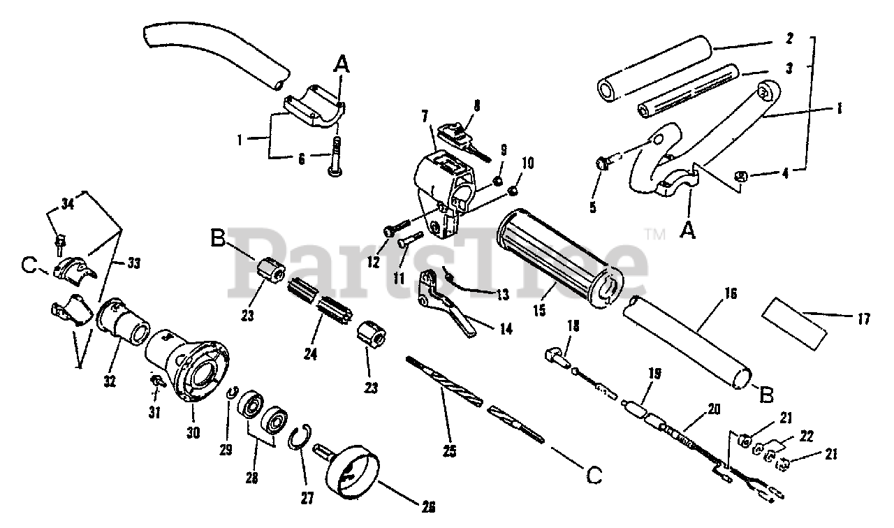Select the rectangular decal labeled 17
(x=796, y=321)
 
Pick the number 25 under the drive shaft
(x=449, y=450)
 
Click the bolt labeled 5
(x=603, y=163)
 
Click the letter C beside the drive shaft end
(x=594, y=476)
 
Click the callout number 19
(x=654, y=374)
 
